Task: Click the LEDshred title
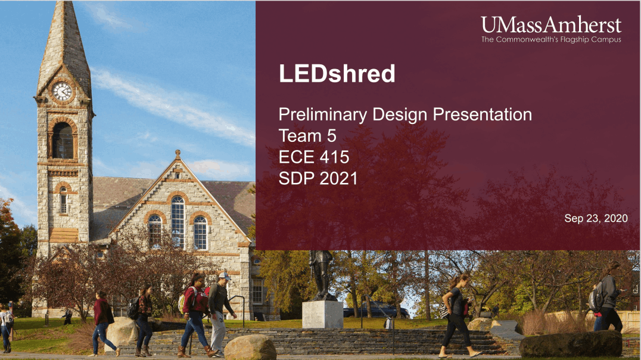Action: tap(337, 74)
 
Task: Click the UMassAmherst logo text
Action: tap(551, 25)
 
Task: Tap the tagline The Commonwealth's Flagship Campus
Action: tap(551, 40)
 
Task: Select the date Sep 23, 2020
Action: tap(596, 219)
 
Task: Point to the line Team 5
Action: tap(307, 136)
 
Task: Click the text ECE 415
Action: tap(314, 157)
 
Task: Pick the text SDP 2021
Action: tap(318, 178)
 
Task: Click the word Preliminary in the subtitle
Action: tap(323, 115)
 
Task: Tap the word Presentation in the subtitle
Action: tap(483, 114)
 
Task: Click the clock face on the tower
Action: tap(62, 91)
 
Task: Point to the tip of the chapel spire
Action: tap(66, 2)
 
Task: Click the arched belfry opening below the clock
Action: tap(63, 140)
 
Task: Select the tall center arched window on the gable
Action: tap(178, 221)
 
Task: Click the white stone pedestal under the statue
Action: tap(322, 315)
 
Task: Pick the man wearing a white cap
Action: tap(220, 313)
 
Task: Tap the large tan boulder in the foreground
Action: tap(250, 347)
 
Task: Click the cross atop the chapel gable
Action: tap(178, 154)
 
